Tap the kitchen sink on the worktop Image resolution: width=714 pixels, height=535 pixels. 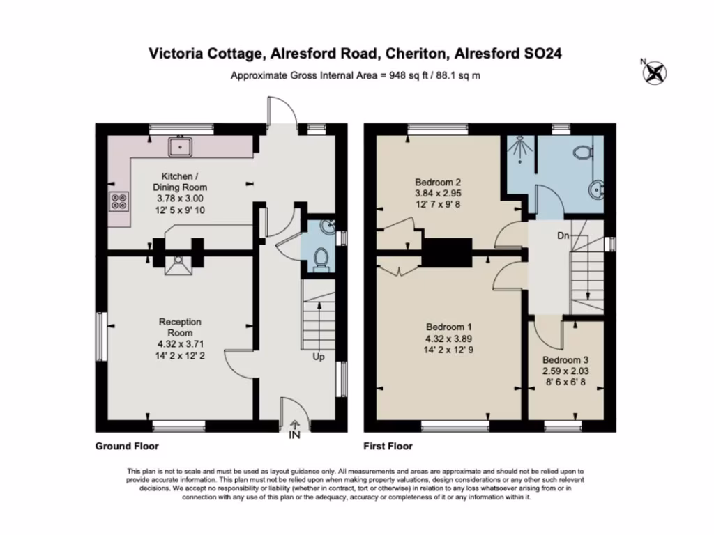181,146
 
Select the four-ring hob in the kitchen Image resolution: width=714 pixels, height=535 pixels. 119,201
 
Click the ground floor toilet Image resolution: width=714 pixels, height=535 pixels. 321,258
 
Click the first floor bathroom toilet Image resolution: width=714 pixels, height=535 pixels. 582,150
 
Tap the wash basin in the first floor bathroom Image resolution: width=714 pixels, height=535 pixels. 595,189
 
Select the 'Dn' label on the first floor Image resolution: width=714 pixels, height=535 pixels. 563,236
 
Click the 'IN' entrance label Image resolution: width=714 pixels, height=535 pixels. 294,435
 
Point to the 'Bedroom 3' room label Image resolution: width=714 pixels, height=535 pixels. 565,360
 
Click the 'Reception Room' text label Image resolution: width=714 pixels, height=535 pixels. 180,327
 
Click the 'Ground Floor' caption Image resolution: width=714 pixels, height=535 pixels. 126,446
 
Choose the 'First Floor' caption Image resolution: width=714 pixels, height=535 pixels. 387,446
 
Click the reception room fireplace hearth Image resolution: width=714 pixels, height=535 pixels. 178,265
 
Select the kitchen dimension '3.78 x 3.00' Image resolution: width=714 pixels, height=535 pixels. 180,199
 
